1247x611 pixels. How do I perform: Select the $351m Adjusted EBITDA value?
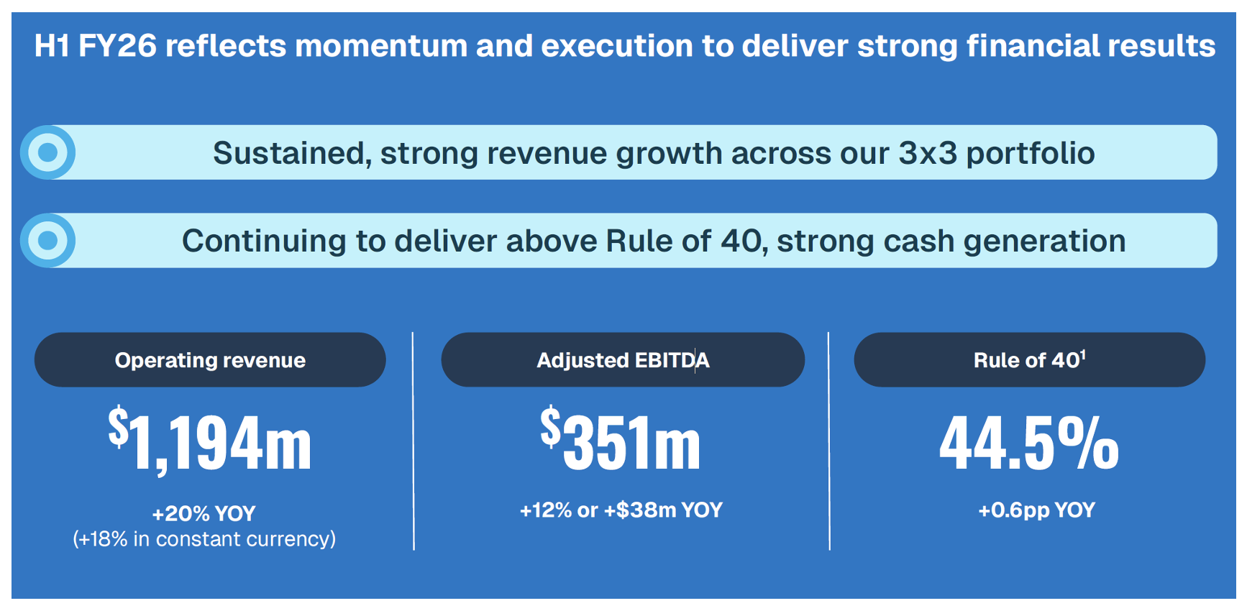point(621,439)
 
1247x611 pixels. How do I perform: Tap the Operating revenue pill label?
point(210,360)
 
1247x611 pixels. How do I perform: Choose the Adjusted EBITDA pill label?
point(623,360)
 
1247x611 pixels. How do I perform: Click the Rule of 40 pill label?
point(1029,360)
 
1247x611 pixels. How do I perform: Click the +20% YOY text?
point(204,513)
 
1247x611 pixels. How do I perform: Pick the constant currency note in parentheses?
point(204,539)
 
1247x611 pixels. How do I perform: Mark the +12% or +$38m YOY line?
point(621,510)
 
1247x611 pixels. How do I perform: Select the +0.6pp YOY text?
point(1036,510)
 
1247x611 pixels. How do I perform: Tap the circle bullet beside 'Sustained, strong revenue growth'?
point(48,152)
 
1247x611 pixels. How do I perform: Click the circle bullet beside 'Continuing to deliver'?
point(48,240)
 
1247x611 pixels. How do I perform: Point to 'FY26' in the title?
point(117,46)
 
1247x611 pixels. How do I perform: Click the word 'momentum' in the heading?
point(381,46)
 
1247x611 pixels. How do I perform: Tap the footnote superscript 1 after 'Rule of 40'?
point(1083,354)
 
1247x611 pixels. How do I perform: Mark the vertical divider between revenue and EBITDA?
point(414,441)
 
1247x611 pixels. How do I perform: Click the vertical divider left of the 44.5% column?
point(829,441)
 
